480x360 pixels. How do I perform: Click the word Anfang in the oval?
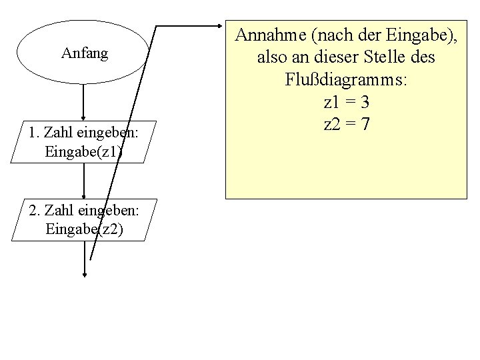coord(84,53)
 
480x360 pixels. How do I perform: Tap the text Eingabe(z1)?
coord(84,151)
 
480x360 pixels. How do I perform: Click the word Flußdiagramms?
coord(347,80)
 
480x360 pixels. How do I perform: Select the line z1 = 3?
coord(346,103)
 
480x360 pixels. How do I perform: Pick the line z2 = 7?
coord(346,125)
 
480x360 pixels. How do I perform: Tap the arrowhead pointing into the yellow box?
coord(222,27)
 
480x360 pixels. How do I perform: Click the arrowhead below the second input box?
coord(84,273)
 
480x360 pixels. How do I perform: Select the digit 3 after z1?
coord(365,103)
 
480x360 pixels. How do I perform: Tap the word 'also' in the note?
coord(271,58)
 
